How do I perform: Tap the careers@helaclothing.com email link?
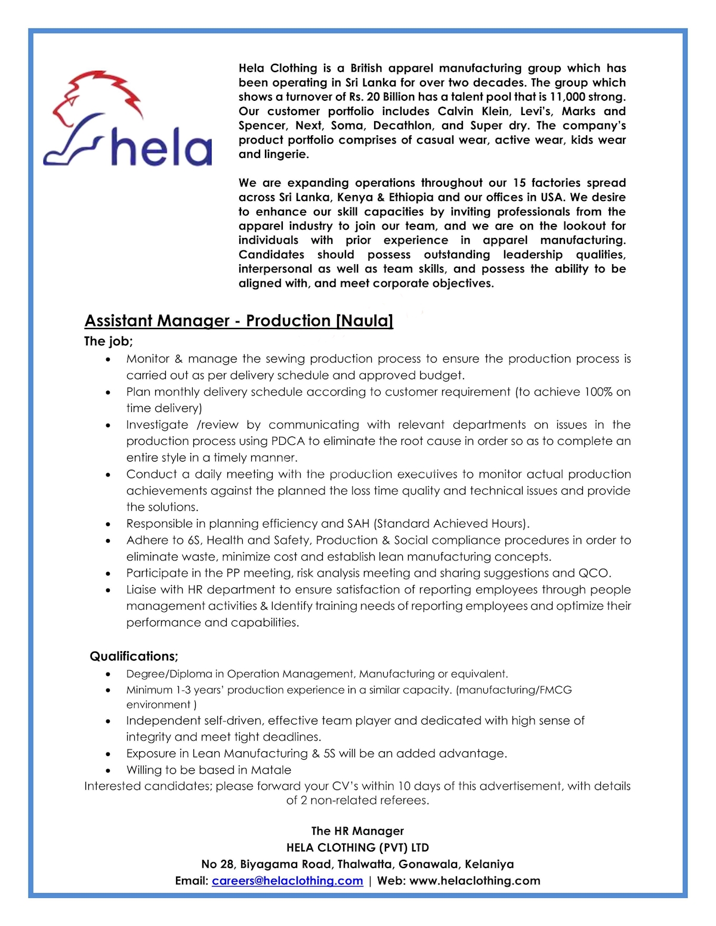pyautogui.click(x=287, y=881)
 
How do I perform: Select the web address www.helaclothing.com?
pyautogui.click(x=475, y=881)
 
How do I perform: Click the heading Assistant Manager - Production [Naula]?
pyautogui.click(x=239, y=321)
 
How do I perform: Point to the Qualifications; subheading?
pyautogui.click(x=134, y=656)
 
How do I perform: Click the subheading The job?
pyautogui.click(x=108, y=341)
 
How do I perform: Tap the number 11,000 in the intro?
pyautogui.click(x=569, y=97)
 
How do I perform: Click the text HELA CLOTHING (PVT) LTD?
pyautogui.click(x=357, y=847)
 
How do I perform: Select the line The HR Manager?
pyautogui.click(x=357, y=831)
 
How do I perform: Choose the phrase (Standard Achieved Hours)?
pyautogui.click(x=452, y=524)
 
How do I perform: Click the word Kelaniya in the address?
pyautogui.click(x=489, y=864)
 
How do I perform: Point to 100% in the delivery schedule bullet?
pyautogui.click(x=598, y=392)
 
